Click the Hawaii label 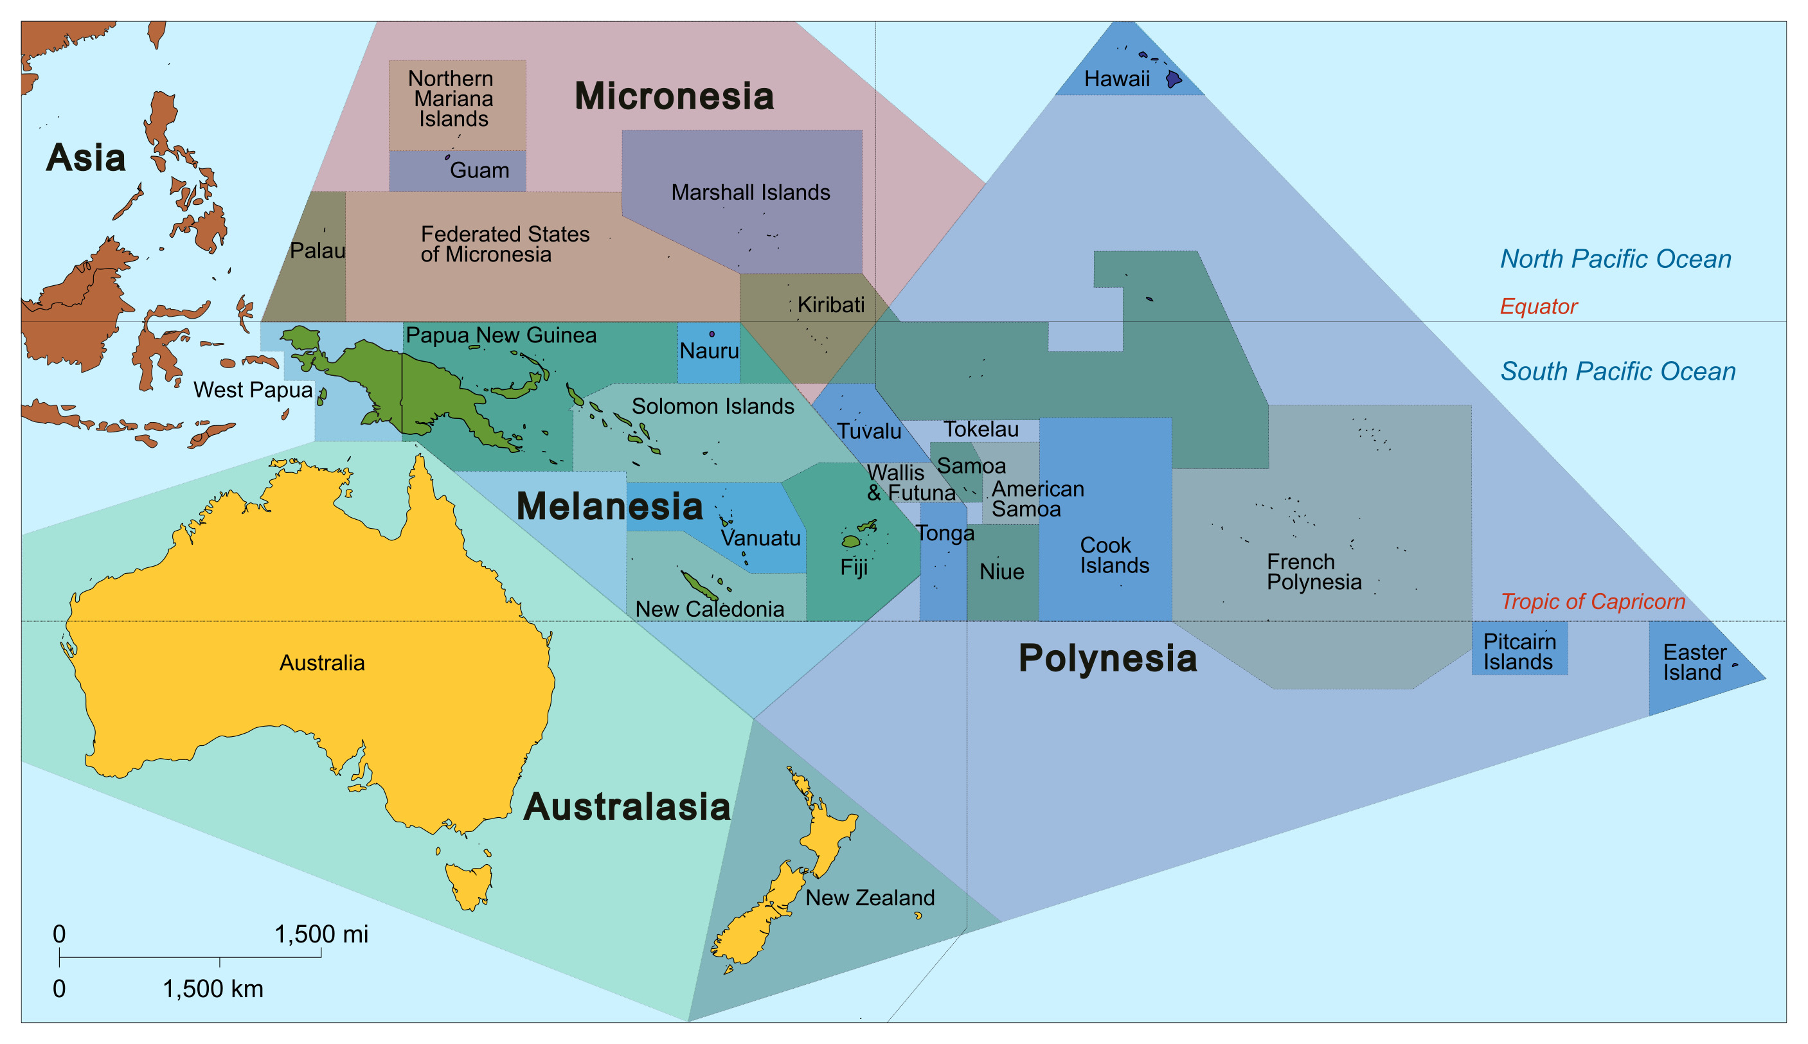point(1116,79)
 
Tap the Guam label point(479,171)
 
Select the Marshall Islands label point(750,192)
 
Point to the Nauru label point(708,351)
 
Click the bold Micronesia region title point(674,96)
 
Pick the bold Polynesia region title point(1107,659)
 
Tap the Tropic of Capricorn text point(1592,601)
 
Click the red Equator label point(1537,306)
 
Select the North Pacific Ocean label point(1615,259)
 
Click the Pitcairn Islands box point(1518,651)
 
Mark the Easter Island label point(1694,662)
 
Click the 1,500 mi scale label point(321,933)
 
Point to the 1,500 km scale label point(213,989)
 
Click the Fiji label point(854,567)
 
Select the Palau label point(317,251)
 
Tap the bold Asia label point(85,158)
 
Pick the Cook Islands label point(1113,555)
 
